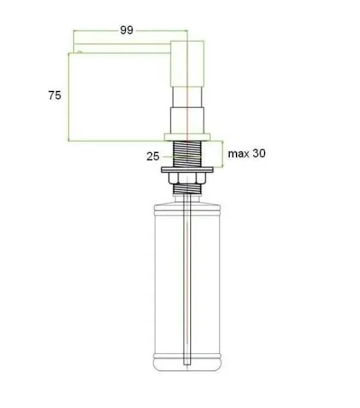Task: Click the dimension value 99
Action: point(127,30)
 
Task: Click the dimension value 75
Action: point(55,95)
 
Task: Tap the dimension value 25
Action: point(153,156)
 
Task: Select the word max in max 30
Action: point(238,154)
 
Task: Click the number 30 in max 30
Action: point(259,153)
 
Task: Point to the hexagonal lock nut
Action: point(187,178)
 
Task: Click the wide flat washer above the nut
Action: point(187,169)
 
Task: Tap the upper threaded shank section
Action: point(187,154)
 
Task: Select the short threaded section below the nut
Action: point(187,189)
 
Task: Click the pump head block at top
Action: point(187,64)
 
